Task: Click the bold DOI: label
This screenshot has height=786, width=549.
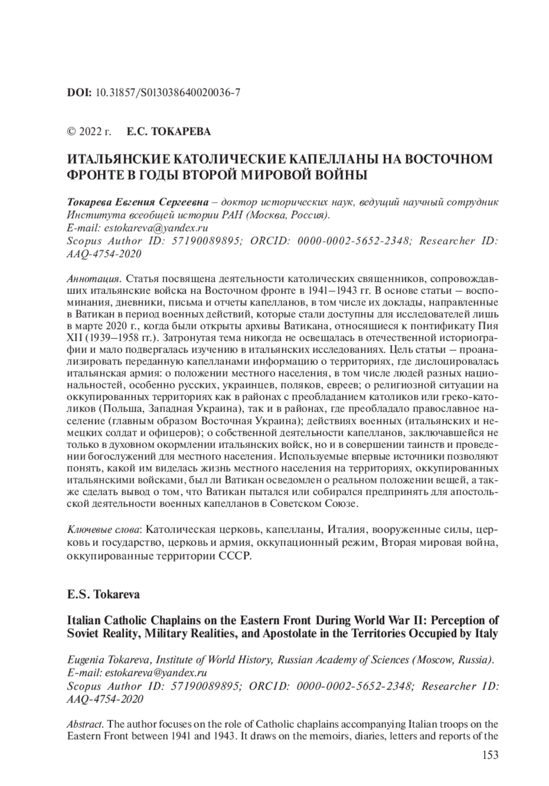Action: point(80,92)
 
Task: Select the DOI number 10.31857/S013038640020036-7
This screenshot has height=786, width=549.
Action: point(168,92)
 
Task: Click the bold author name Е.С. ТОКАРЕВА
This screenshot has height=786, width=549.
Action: point(168,132)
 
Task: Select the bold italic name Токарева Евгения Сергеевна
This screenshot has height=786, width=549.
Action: point(137,202)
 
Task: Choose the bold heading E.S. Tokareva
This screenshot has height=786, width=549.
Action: point(103,595)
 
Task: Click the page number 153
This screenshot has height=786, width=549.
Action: point(490,755)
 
